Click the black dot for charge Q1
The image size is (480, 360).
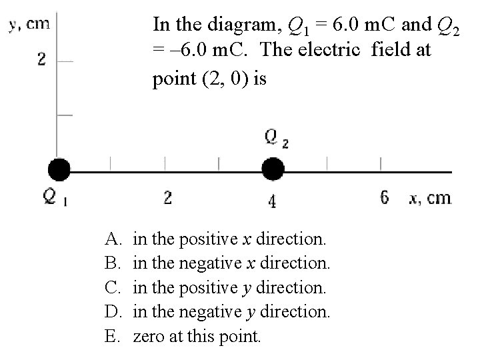tap(59, 170)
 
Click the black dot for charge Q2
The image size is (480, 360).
tap(272, 170)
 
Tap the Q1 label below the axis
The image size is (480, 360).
tap(54, 199)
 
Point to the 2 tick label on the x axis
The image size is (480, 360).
tap(168, 197)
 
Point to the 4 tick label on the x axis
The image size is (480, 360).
tap(272, 199)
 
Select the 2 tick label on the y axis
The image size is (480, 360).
tap(41, 59)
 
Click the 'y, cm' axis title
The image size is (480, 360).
tap(29, 24)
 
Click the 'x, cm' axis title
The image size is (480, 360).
tap(430, 198)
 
